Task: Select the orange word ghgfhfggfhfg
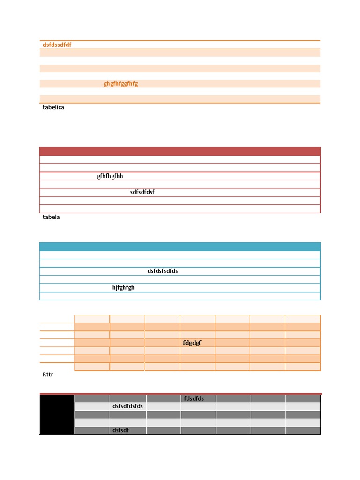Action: [x=120, y=84]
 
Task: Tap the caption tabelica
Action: [x=53, y=107]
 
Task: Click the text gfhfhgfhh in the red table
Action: [x=110, y=176]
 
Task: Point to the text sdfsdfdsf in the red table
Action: [x=142, y=192]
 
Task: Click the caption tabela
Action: [x=51, y=217]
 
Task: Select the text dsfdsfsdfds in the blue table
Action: [x=163, y=271]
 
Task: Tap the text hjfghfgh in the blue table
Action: [x=123, y=288]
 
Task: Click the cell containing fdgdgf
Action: [x=197, y=343]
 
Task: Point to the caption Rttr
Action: [x=47, y=375]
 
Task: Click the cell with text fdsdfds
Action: [x=198, y=398]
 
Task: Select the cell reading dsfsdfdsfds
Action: [x=127, y=406]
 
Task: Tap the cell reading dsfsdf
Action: [x=127, y=430]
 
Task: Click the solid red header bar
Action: [x=180, y=151]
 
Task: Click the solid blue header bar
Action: [x=180, y=247]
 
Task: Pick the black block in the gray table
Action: [x=57, y=414]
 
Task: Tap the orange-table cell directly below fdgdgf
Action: [x=197, y=351]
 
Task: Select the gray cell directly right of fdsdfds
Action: [x=233, y=398]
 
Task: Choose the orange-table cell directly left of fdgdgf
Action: [x=162, y=343]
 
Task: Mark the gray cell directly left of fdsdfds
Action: [x=163, y=398]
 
